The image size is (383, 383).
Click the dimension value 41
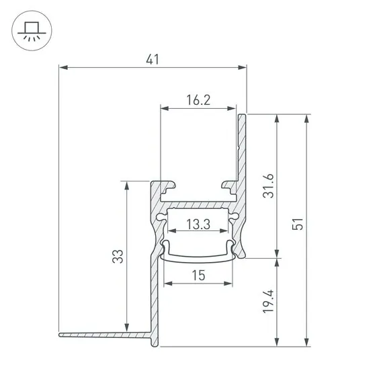[153, 58]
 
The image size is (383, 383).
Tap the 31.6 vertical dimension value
[269, 186]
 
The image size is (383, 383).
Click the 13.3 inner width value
[198, 224]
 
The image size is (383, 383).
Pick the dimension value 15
[198, 275]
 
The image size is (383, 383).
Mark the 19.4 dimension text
[269, 302]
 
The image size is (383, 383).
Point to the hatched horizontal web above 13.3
[198, 202]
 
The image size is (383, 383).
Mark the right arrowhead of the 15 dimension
[232, 284]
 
